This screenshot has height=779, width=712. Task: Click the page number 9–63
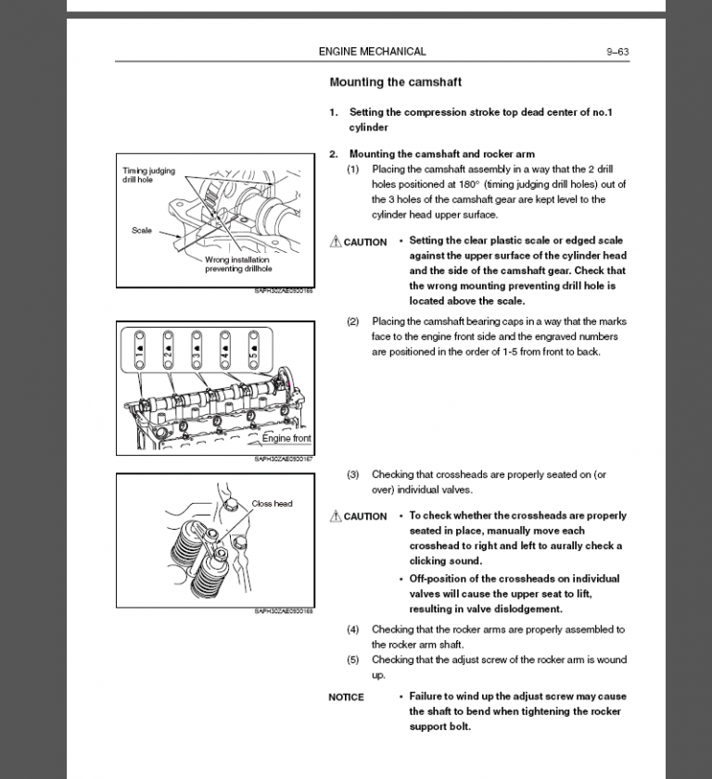click(x=617, y=52)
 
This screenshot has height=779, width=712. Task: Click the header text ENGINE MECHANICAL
click(x=372, y=52)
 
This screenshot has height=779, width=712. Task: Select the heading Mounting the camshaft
click(x=395, y=82)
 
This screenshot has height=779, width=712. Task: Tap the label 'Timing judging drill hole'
click(x=148, y=175)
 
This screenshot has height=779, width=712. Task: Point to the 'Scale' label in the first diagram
click(x=142, y=231)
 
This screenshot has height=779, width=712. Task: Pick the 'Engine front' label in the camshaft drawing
click(x=286, y=438)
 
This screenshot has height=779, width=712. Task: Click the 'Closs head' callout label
click(x=272, y=504)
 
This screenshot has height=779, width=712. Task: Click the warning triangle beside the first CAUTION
click(x=336, y=242)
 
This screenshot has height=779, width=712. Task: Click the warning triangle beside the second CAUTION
click(x=336, y=516)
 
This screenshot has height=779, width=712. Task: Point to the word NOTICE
click(x=346, y=697)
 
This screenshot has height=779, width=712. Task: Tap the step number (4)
click(x=353, y=630)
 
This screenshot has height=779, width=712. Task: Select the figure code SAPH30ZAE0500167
click(x=284, y=459)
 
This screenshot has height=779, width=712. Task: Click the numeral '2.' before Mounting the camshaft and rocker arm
click(x=334, y=154)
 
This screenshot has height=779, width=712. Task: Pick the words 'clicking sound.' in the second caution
click(x=446, y=561)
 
